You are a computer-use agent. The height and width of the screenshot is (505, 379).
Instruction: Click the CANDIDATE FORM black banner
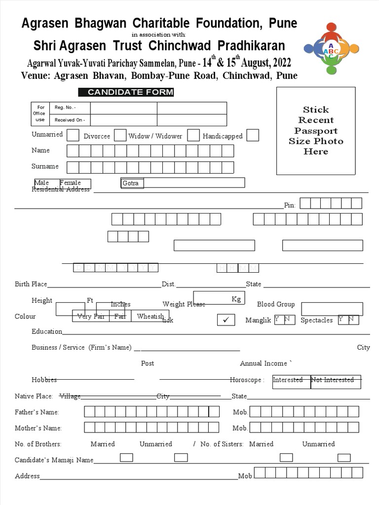point(126,92)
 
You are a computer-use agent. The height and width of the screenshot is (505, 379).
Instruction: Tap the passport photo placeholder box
point(316,131)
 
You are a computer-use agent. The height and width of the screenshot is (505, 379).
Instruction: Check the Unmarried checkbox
point(73,135)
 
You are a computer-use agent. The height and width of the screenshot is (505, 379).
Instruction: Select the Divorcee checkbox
point(120,136)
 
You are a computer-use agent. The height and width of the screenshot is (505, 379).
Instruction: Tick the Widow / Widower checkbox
point(193,136)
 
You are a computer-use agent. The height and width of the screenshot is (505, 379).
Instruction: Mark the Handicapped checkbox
point(253,136)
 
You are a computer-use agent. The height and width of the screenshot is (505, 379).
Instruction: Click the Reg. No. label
point(65,108)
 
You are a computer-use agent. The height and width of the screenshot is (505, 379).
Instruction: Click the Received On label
point(70,120)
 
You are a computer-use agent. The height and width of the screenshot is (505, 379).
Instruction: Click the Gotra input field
point(183,183)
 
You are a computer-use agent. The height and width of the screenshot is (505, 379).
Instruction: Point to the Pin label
point(290,205)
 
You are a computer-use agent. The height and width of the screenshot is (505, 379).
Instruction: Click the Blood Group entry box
point(332,309)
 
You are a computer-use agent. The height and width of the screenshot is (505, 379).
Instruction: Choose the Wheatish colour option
point(150,316)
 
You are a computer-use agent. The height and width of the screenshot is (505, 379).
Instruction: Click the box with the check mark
point(226,320)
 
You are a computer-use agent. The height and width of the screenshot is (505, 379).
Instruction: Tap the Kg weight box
point(217,298)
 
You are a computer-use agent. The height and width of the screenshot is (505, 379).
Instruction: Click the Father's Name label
point(37,412)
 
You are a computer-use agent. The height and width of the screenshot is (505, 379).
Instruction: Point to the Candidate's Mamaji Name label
point(54,460)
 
